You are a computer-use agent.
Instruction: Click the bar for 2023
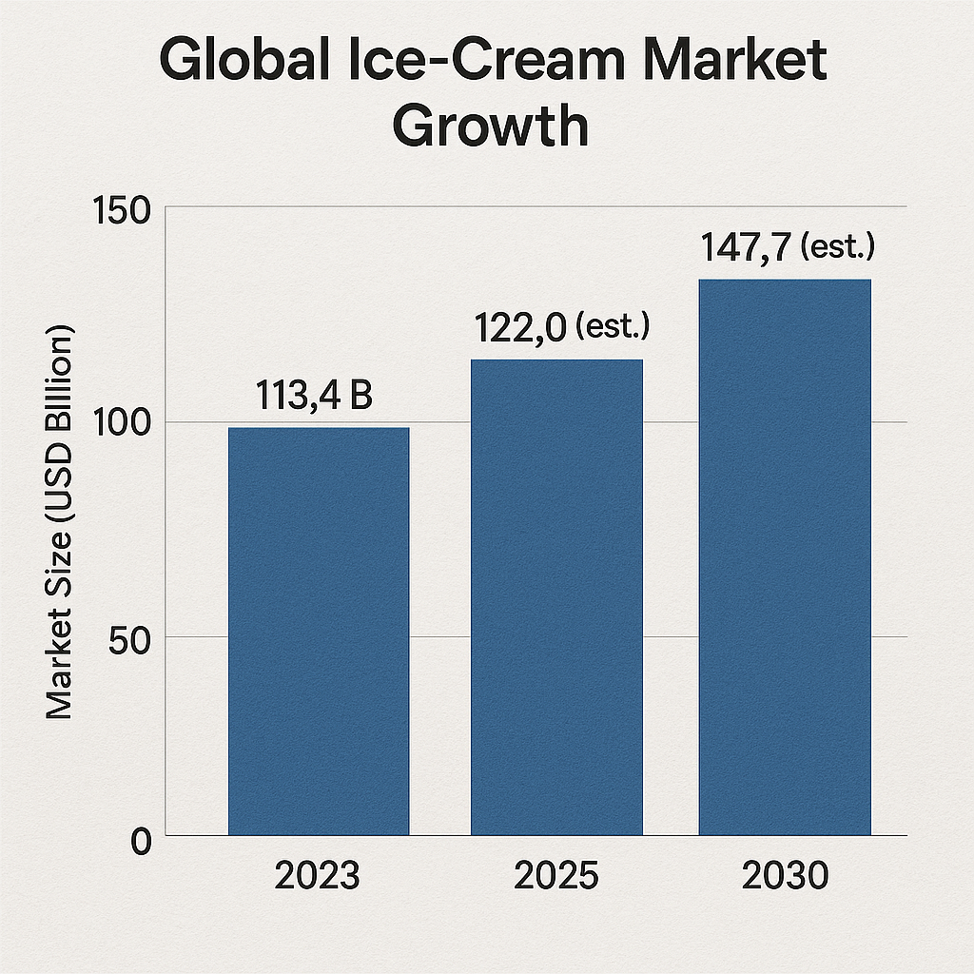point(319,632)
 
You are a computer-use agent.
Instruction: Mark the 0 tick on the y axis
point(140,842)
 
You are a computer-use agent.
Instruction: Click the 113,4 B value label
point(314,396)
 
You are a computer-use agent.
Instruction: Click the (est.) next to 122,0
point(611,328)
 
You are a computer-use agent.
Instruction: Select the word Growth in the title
point(491,127)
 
